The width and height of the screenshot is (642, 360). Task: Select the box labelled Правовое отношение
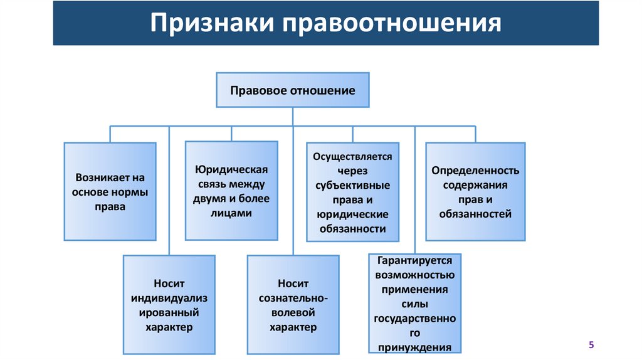[x=292, y=90]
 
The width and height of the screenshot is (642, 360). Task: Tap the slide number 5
[x=591, y=345]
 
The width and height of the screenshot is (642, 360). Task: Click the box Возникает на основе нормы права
[x=110, y=191]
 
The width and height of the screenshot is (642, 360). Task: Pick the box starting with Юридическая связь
[x=231, y=191]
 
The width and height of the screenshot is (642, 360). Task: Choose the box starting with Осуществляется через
[x=353, y=193]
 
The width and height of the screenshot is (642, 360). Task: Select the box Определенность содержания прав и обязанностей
[x=475, y=191]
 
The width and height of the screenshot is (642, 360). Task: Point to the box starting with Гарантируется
[x=414, y=303]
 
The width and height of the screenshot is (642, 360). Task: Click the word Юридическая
[x=231, y=170]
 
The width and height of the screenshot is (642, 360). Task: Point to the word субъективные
[x=352, y=186]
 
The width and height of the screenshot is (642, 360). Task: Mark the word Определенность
[x=476, y=171]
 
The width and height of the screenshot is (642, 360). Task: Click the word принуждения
[x=414, y=347]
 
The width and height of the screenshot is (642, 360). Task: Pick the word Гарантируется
[x=414, y=260]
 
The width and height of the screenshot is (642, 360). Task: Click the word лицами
[x=231, y=213]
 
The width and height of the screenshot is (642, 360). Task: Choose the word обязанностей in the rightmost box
[x=476, y=214]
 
